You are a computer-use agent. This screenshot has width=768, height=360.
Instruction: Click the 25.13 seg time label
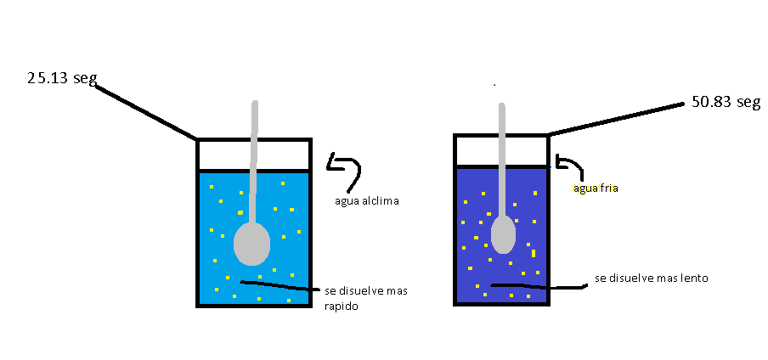[61, 79]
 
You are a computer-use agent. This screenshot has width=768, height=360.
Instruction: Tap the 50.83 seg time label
[725, 103]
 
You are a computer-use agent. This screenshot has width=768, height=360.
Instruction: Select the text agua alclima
[367, 201]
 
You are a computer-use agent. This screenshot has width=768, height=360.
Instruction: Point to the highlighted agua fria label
[595, 188]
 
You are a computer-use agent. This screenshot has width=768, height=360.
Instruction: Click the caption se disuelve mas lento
[652, 278]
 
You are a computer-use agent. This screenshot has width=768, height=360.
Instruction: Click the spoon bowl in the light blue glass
[251, 244]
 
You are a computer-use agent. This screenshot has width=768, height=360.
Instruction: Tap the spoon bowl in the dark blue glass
[503, 234]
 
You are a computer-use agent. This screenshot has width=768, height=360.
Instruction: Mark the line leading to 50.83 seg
[616, 119]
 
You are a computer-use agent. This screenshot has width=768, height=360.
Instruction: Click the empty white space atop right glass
[527, 150]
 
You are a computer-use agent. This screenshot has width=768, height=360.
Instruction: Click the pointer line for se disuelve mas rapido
[280, 285]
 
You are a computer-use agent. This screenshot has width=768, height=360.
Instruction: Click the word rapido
[341, 307]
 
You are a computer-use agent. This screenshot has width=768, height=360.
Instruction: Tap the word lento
[693, 278]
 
